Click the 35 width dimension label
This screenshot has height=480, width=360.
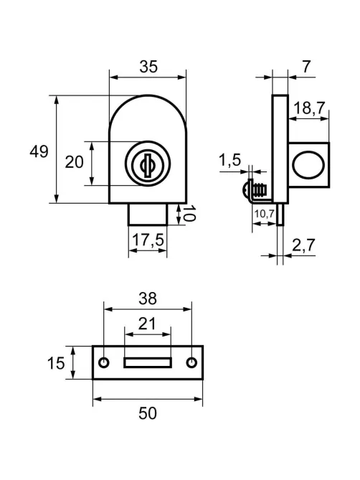tap(148, 67)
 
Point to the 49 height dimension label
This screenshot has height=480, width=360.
tap(39, 151)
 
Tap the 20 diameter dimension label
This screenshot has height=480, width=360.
tap(74, 162)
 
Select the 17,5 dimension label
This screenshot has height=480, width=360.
tap(148, 240)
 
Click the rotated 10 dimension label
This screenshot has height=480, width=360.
tap(189, 213)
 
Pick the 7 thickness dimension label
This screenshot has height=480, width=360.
tap(306, 67)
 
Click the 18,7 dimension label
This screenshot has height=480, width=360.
tap(309, 108)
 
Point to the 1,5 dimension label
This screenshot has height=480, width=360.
tap(230, 160)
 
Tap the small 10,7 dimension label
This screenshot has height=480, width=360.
tap(265, 214)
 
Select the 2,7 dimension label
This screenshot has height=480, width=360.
tap(303, 245)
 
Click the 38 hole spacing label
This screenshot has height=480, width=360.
tap(148, 298)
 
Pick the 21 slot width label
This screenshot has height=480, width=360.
tap(147, 324)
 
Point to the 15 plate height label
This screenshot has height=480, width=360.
tap(56, 363)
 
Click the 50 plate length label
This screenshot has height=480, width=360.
tap(148, 413)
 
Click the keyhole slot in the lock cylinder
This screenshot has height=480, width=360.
tap(148, 166)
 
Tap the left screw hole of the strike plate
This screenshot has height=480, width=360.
tap(104, 362)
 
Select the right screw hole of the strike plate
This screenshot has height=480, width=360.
tap(191, 362)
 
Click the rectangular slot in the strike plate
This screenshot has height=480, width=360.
tap(148, 362)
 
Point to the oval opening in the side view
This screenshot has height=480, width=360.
tap(308, 165)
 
